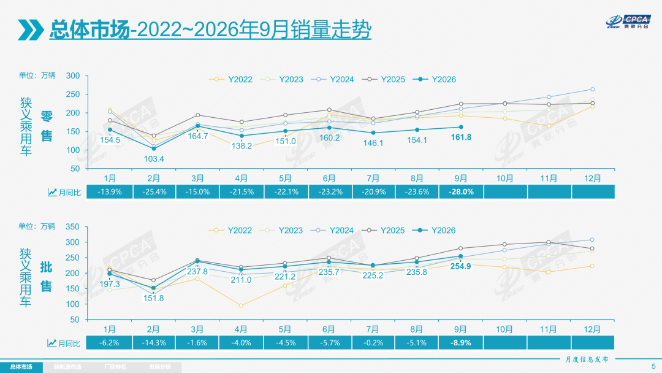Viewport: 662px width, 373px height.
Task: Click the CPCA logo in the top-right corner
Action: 629,21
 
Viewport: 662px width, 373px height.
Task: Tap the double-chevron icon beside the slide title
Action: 31,29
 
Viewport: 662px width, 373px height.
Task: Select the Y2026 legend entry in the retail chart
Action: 435,79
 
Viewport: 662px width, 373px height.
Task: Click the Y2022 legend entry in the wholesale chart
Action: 230,230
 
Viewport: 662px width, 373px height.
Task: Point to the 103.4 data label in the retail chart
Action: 154,159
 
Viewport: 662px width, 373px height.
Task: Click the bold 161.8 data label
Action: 461,137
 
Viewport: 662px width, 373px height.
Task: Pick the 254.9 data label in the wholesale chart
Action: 460,266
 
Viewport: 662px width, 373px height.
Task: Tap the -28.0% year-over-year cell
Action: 461,192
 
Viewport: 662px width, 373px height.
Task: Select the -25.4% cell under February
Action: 154,192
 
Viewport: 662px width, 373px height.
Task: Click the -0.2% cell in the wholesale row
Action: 373,342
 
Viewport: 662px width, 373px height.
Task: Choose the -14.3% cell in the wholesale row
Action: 154,342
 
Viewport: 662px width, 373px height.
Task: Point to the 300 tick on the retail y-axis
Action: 72,75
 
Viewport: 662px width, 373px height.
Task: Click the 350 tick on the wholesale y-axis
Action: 72,227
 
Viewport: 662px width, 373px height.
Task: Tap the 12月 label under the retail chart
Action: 592,179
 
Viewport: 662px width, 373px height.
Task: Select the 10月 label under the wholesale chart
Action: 504,329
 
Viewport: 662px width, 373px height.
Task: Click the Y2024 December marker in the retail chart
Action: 592,89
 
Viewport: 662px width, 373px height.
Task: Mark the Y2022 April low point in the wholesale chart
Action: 241,306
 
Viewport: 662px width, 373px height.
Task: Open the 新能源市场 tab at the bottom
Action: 67,367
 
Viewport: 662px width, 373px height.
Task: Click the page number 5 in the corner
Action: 653,366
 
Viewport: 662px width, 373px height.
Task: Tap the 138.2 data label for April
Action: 242,146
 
